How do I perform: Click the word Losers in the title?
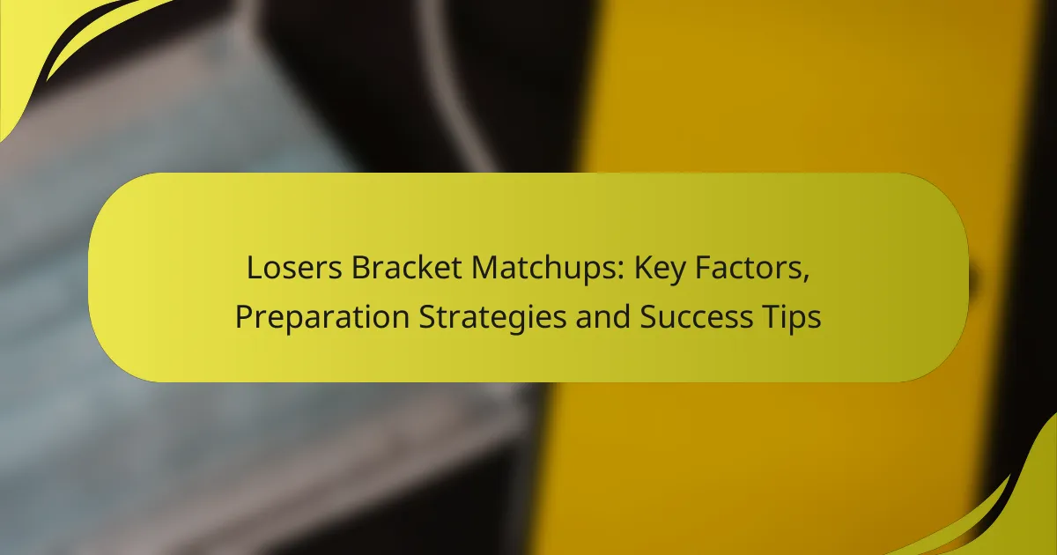285,269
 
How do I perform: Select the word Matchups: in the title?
524,269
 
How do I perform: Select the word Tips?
789,317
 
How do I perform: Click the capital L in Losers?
254,269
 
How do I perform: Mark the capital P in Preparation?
242,317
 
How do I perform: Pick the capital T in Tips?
765,317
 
